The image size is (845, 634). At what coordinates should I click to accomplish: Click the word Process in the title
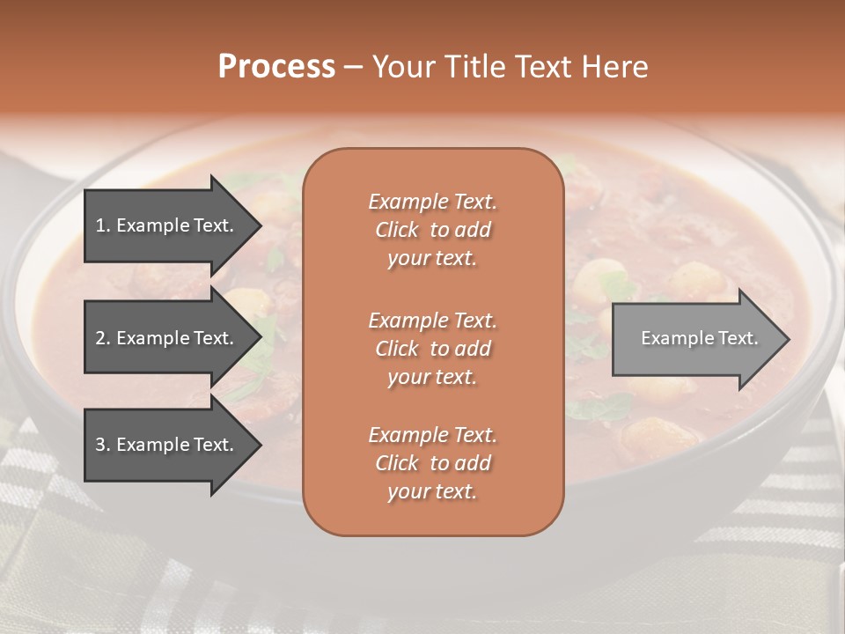tap(276, 67)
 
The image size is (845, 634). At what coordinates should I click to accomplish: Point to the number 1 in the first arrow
tap(100, 225)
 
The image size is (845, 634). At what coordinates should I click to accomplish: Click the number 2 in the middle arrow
tap(100, 338)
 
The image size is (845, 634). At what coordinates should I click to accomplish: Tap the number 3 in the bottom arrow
tap(100, 445)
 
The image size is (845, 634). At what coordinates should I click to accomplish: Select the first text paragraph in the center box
tap(432, 230)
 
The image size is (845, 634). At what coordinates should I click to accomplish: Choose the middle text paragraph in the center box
tap(432, 348)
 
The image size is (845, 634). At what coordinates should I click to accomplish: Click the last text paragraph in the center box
tap(432, 463)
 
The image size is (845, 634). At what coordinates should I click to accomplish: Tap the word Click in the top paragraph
tap(396, 230)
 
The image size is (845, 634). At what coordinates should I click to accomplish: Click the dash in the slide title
tap(353, 67)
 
